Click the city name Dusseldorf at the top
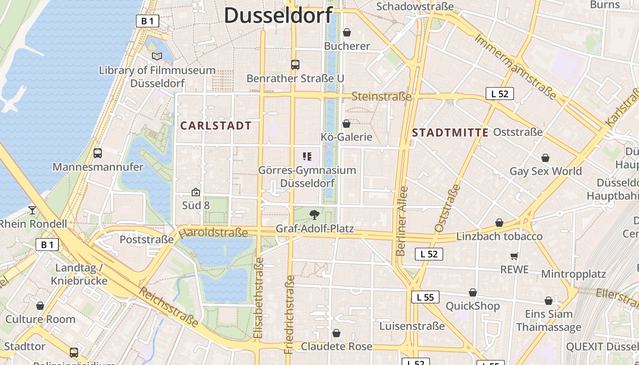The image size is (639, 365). (278, 15)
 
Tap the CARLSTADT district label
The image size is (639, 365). (216, 125)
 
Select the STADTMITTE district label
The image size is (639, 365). (450, 133)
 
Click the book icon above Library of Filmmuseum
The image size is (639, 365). (157, 56)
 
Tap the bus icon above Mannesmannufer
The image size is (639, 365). (98, 153)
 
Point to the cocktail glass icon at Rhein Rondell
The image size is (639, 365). (32, 210)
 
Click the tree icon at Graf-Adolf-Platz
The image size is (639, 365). (314, 214)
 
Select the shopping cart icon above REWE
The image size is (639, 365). (514, 256)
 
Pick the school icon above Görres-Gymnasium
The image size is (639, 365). (307, 157)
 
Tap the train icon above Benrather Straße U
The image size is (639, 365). (295, 65)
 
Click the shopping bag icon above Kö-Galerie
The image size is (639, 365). (346, 124)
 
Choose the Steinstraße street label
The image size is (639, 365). (382, 97)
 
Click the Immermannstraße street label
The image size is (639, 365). (515, 66)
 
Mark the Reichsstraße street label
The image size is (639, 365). (169, 308)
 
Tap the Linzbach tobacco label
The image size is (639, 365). (499, 236)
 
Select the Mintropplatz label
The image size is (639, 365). (573, 274)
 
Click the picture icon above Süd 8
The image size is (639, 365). (196, 192)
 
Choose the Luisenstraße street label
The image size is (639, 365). (412, 326)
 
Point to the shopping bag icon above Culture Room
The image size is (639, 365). (40, 306)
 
